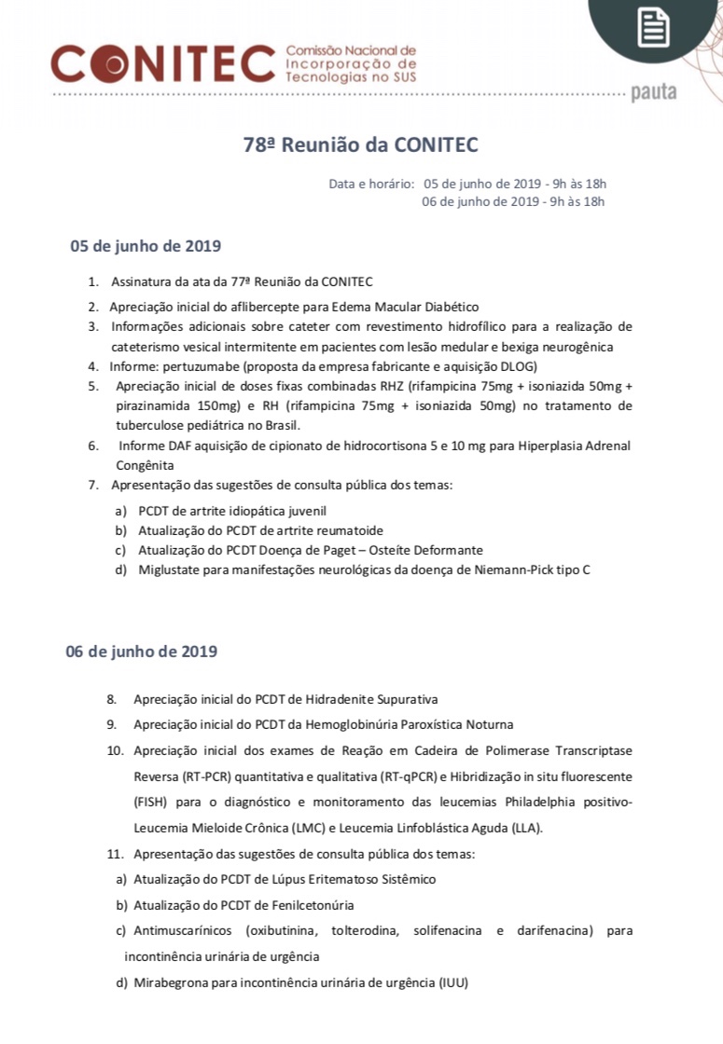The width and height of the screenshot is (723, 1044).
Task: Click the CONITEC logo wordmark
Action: click(162, 63)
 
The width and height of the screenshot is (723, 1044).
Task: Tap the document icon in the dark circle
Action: click(653, 27)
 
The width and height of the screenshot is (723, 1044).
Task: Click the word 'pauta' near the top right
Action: click(654, 92)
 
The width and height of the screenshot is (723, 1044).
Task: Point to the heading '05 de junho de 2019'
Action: click(145, 247)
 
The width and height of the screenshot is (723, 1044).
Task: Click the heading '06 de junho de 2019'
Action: click(141, 651)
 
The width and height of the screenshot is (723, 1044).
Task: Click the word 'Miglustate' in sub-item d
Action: click(168, 570)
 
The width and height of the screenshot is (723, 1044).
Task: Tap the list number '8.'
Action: click(111, 698)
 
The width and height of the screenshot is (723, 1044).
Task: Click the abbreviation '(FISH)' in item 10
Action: click(151, 802)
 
